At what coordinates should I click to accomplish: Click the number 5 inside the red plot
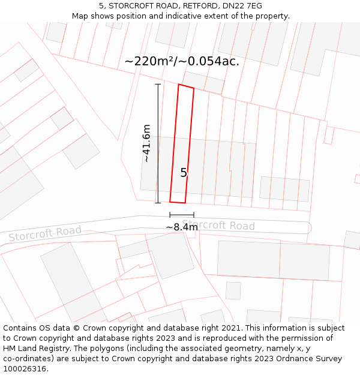pyautogui.click(x=184, y=173)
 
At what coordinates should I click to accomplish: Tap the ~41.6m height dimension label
pyautogui.click(x=146, y=143)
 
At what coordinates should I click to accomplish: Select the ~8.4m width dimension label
pyautogui.click(x=182, y=227)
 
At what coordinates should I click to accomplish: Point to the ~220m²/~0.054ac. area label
pyautogui.click(x=182, y=61)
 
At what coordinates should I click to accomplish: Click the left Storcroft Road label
pyautogui.click(x=45, y=234)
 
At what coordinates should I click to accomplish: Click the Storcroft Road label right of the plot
pyautogui.click(x=218, y=226)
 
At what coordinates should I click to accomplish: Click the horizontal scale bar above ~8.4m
pyautogui.click(x=182, y=215)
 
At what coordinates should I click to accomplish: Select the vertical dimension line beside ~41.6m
pyautogui.click(x=158, y=143)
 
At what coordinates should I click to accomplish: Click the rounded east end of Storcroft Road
pyautogui.click(x=308, y=227)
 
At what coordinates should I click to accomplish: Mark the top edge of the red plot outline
pyautogui.click(x=186, y=86)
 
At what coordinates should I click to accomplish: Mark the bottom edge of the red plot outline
pyautogui.click(x=178, y=202)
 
